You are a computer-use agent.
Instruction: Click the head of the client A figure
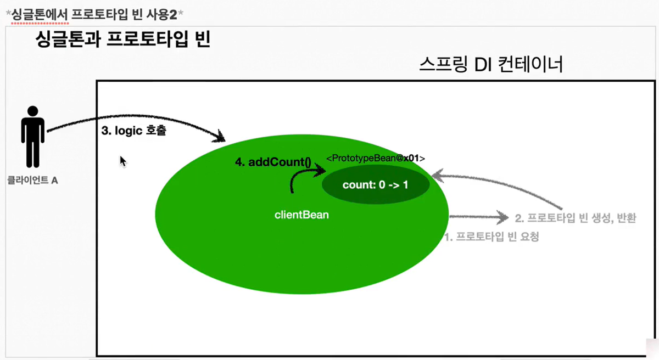pyautogui.click(x=33, y=111)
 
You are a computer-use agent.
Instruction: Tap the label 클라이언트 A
pyautogui.click(x=32, y=179)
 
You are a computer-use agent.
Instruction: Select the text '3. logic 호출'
pyautogui.click(x=133, y=132)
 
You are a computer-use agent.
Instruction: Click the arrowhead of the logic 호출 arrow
pyautogui.click(x=221, y=136)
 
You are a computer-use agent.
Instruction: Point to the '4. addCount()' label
pyautogui.click(x=272, y=162)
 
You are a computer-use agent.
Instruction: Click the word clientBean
pyautogui.click(x=301, y=215)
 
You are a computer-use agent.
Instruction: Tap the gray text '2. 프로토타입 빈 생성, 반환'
pyautogui.click(x=576, y=218)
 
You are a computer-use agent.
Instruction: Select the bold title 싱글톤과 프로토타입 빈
pyautogui.click(x=122, y=40)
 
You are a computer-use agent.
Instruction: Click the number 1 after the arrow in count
pyautogui.click(x=405, y=185)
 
